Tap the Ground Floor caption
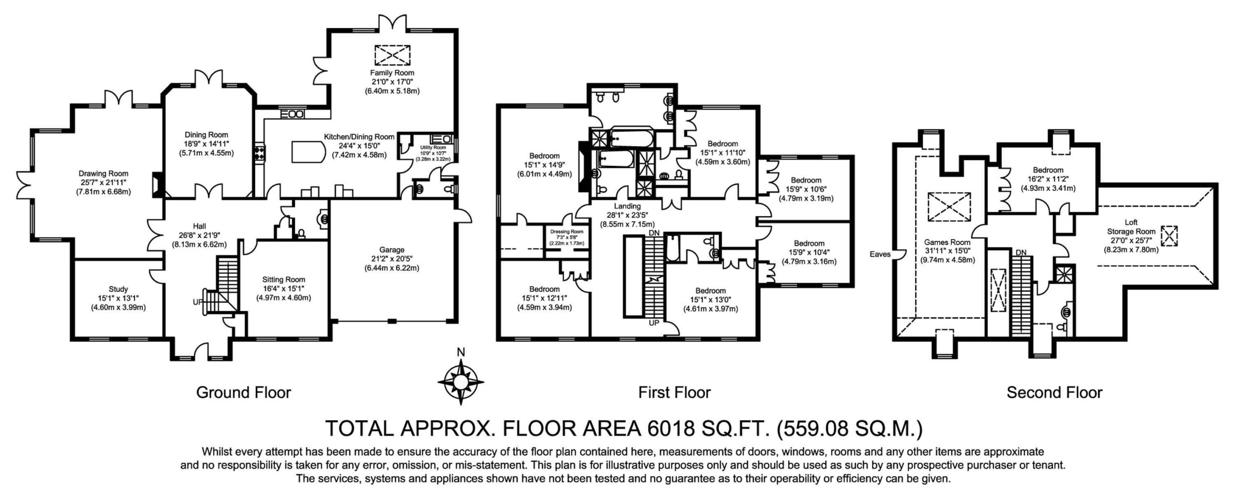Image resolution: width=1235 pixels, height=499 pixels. click(244, 392)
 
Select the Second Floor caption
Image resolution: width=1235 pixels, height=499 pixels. click(1054, 392)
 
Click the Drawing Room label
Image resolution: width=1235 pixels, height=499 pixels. click(104, 173)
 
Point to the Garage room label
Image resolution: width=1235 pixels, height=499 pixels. click(391, 250)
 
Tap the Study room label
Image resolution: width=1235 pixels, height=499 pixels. click(118, 289)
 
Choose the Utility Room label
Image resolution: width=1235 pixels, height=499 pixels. click(433, 147)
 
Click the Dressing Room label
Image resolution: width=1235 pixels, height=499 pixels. click(567, 232)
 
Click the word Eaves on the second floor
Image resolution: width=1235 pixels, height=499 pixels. click(880, 254)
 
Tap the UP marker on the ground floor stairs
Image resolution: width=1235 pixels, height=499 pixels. click(198, 302)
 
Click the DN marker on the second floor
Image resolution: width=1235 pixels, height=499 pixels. click(1021, 252)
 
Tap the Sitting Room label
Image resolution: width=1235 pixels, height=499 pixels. click(284, 279)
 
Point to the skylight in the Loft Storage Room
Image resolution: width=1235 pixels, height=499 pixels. click(1168, 236)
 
